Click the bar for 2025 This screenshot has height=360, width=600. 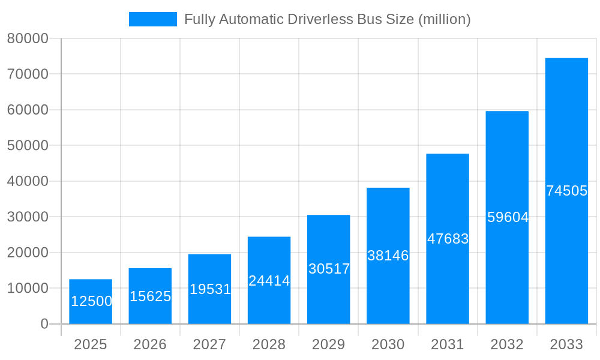(x=91, y=302)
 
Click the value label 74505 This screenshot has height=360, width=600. (x=566, y=191)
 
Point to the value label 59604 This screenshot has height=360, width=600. (x=508, y=217)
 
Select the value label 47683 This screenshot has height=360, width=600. (x=448, y=239)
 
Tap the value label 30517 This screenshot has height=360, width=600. (x=329, y=269)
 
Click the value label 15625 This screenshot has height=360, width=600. (x=150, y=296)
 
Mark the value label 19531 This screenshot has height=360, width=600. (x=210, y=289)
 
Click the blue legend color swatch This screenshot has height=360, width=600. (x=153, y=19)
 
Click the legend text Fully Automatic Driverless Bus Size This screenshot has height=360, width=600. (x=327, y=19)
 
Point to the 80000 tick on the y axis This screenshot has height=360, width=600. (x=27, y=38)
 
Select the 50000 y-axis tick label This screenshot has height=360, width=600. (x=27, y=146)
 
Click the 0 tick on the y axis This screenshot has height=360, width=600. (x=44, y=324)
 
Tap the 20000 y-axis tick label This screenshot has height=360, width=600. (x=27, y=253)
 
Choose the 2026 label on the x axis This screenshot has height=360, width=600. (x=150, y=344)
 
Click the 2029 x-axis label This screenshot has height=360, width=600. (x=329, y=344)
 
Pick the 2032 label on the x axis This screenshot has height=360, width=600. (x=507, y=344)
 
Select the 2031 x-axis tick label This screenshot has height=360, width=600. (x=448, y=344)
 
